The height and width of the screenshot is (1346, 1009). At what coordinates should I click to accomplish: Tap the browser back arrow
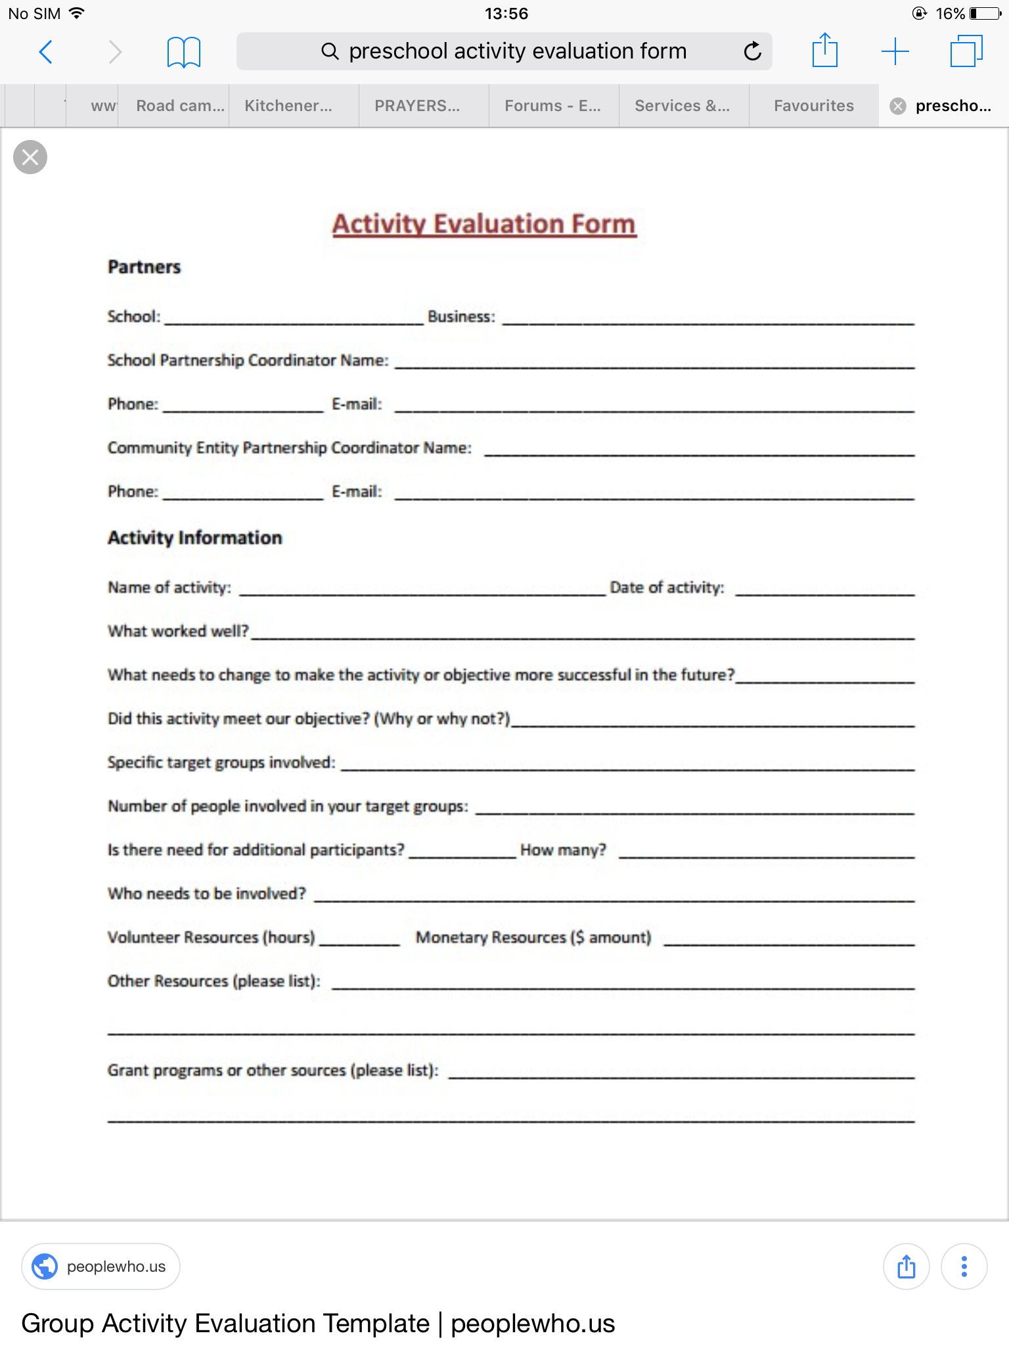pyautogui.click(x=45, y=51)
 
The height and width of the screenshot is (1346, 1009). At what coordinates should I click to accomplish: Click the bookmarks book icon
pyautogui.click(x=183, y=51)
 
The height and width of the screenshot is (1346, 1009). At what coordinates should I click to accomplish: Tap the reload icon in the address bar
pyautogui.click(x=752, y=51)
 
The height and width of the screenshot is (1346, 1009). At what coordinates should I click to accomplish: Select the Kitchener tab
pyautogui.click(x=288, y=106)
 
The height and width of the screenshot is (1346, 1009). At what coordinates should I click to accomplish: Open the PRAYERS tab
pyautogui.click(x=417, y=106)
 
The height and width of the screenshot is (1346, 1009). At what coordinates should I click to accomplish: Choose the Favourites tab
pyautogui.click(x=813, y=106)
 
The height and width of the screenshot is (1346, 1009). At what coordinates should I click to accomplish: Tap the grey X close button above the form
pyautogui.click(x=30, y=157)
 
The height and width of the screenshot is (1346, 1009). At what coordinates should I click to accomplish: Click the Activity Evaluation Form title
pyautogui.click(x=484, y=224)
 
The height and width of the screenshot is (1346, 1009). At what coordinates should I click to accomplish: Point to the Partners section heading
pyautogui.click(x=144, y=267)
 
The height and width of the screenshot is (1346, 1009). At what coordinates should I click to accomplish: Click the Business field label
pyautogui.click(x=461, y=317)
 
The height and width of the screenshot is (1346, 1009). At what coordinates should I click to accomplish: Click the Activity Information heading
pyautogui.click(x=194, y=538)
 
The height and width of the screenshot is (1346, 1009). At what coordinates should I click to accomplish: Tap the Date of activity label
pyautogui.click(x=667, y=588)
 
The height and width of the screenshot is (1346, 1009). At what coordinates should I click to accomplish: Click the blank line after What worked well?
pyautogui.click(x=582, y=634)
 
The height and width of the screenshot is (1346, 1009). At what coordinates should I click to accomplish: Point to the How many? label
pyautogui.click(x=563, y=850)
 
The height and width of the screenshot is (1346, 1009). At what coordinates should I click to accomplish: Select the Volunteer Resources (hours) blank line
pyautogui.click(x=359, y=941)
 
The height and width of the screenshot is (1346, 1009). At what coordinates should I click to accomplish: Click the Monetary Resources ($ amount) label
pyautogui.click(x=533, y=937)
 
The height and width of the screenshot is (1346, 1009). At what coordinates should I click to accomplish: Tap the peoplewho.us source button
pyautogui.click(x=101, y=1266)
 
